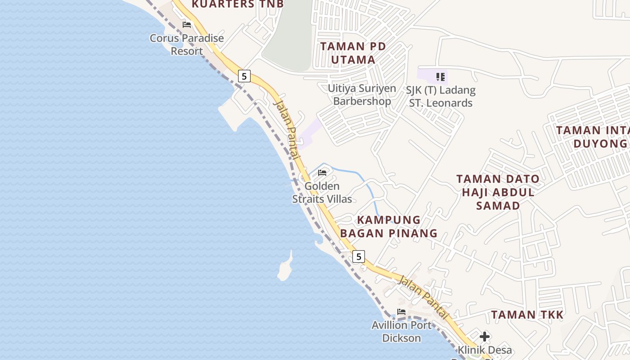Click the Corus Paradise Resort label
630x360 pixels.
click(x=187, y=45)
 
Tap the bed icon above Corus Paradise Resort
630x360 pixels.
click(x=187, y=25)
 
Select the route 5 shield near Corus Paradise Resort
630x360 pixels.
click(x=244, y=76)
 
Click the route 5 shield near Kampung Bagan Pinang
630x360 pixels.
click(x=358, y=256)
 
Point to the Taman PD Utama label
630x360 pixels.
click(x=353, y=53)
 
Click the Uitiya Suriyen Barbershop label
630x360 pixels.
click(x=362, y=94)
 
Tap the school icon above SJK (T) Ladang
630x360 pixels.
click(x=440, y=77)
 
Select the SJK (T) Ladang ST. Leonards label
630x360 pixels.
click(x=441, y=96)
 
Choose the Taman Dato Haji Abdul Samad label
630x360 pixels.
click(x=498, y=192)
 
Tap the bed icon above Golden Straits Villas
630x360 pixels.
click(x=322, y=172)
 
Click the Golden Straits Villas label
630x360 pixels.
click(x=322, y=193)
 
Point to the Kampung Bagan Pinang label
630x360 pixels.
click(x=389, y=226)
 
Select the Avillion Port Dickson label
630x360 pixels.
click(x=401, y=331)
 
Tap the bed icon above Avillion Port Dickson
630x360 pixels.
click(x=401, y=311)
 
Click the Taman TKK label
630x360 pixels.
click(x=527, y=315)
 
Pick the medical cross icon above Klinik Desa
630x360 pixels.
click(x=485, y=337)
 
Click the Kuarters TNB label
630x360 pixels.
click(x=238, y=4)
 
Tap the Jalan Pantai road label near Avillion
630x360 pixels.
click(x=423, y=297)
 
